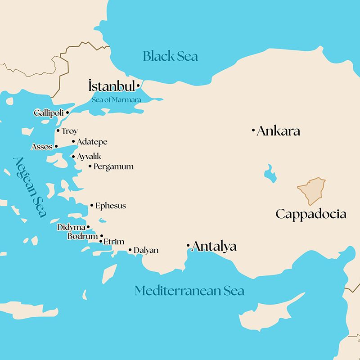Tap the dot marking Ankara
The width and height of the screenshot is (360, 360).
coord(253,131)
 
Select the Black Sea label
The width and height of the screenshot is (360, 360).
coord(170,56)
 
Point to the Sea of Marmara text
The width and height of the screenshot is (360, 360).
coord(117,99)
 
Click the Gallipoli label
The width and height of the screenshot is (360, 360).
coord(49,113)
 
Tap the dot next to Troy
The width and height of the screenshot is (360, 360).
coord(58,131)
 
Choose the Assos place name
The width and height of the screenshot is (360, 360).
coord(42,147)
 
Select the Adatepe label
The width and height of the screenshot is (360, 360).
coord(92,142)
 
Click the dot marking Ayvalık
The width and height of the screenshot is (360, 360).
coord(73,157)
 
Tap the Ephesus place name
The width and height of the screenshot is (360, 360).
coord(110,206)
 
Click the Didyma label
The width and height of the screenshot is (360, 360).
coord(71,227)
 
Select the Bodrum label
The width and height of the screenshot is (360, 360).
coord(82,236)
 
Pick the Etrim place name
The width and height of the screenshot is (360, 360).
coord(113,242)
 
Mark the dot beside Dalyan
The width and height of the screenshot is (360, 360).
coord(130,250)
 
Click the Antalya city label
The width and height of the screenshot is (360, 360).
coord(214,247)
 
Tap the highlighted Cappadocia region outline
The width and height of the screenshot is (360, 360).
coord(311,191)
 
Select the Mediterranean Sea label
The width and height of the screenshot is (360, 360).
coord(189,291)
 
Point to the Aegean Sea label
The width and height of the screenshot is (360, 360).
coord(30,187)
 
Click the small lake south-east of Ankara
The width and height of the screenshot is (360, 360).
coord(270,173)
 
